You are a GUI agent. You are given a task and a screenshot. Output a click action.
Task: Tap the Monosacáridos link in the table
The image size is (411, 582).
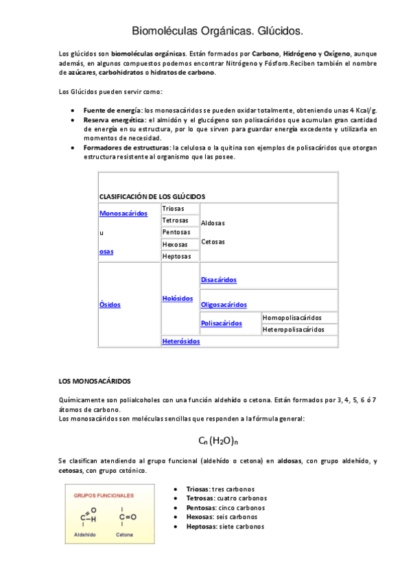tap(124, 213)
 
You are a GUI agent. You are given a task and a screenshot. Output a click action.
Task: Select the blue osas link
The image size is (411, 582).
tap(106, 252)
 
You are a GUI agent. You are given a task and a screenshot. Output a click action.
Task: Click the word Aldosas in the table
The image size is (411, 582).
tap(213, 223)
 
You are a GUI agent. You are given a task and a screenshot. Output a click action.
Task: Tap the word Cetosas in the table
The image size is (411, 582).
tap(213, 242)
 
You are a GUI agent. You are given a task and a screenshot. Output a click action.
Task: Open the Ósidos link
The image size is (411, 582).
tap(110, 304)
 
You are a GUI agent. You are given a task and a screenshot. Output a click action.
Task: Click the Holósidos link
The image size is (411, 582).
tap(178, 299)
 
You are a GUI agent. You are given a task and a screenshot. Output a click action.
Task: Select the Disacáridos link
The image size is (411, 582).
tap(219, 280)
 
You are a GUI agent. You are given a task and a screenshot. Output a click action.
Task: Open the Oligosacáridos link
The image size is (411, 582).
tap(224, 305)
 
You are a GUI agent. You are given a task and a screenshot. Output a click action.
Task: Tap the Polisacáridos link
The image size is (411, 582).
tap(222, 323)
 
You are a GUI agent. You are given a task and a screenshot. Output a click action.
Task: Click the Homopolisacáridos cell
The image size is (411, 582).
tap(292, 318)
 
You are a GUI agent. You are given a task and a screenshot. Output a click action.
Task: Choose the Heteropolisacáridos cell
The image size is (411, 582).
tap(294, 329)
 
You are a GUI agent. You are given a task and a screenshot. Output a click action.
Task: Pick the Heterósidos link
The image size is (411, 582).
tap(181, 341)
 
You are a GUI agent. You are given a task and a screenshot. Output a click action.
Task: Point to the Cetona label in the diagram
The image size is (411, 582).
tap(124, 534)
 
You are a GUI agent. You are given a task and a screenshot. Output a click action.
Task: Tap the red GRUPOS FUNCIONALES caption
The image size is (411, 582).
tap(104, 495)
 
